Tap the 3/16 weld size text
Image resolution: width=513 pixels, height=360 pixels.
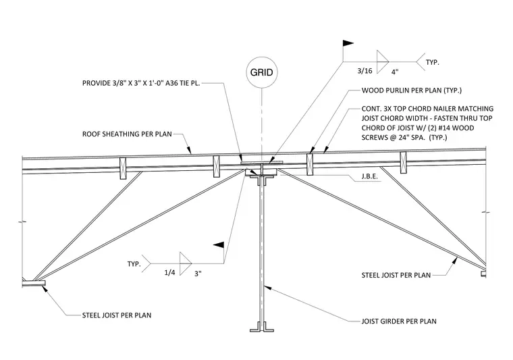point(364,71)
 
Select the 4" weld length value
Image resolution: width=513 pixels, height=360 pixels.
point(395,72)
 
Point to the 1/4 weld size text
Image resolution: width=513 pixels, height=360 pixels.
point(169,273)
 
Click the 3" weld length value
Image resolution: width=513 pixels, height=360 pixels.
point(198,274)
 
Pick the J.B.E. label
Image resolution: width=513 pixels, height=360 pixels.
point(370,176)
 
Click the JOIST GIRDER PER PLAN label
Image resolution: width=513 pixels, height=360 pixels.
point(399,322)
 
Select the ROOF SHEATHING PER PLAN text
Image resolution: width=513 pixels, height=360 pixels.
point(127,134)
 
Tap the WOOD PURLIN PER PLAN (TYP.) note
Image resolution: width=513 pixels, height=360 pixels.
point(412,91)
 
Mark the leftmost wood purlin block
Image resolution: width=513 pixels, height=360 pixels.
point(123,168)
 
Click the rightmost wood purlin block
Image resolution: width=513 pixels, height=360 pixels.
point(404,162)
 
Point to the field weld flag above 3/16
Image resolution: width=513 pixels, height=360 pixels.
point(348,43)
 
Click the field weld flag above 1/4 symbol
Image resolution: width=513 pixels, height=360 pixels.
point(219,245)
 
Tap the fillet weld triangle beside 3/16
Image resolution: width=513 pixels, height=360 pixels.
point(383,62)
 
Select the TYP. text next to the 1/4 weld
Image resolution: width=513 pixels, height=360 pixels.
point(134,264)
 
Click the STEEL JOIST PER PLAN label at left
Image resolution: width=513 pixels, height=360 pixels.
point(117,315)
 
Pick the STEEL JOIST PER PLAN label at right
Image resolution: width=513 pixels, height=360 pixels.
point(396,276)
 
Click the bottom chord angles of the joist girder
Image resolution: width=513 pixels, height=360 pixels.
point(262,327)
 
